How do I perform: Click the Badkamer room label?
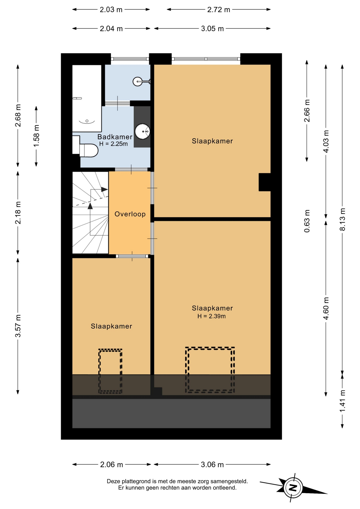[115, 137]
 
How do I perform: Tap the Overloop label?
[130, 214]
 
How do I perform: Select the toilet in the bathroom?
[89, 150]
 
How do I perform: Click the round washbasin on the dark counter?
[143, 131]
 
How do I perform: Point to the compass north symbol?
[293, 488]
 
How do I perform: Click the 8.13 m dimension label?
[342, 220]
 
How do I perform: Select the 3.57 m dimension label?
[18, 326]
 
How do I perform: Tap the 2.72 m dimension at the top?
[219, 10]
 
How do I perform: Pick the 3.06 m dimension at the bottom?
[212, 464]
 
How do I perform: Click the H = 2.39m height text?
[212, 316]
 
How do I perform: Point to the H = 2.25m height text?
[113, 144]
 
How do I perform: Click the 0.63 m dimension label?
[307, 221]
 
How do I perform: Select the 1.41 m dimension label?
[342, 401]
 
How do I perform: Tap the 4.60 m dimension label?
[326, 309]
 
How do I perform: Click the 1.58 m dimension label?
[36, 136]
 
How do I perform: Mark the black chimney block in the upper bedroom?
[265, 182]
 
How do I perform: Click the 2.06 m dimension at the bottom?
[111, 464]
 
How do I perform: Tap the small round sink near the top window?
[138, 81]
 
